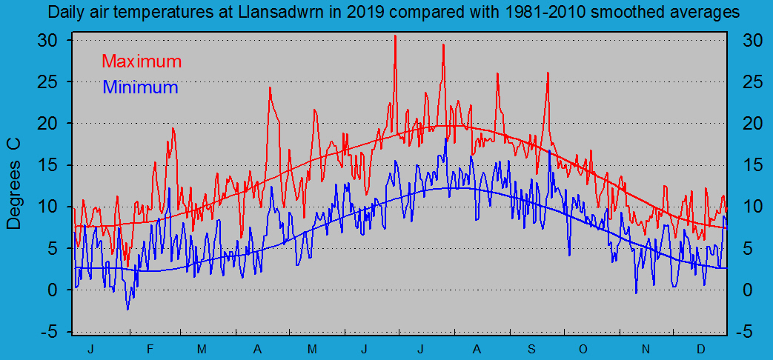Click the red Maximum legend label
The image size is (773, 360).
[141, 61]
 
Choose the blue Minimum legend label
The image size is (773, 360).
[140, 87]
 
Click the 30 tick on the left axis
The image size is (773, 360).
[48, 40]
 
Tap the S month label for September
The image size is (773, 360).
[531, 348]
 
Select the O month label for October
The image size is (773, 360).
[583, 348]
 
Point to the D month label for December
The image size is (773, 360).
[700, 348]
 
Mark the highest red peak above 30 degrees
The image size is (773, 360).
[395, 36]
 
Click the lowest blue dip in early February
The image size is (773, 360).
[127, 309]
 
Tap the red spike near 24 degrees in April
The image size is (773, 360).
[270, 87]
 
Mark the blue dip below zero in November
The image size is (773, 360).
[636, 293]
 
